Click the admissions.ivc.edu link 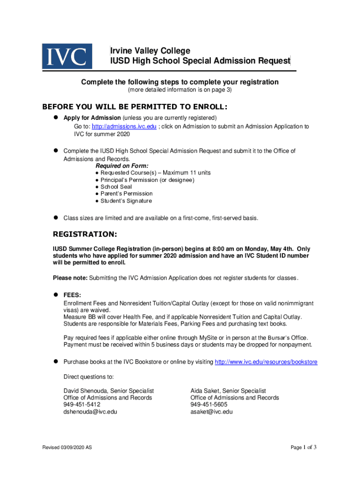click(124, 127)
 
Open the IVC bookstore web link click(266, 362)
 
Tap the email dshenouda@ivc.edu click(90, 412)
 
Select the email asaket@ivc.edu click(211, 412)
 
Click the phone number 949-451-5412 click(82, 405)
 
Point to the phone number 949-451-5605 click(209, 405)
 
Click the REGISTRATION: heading click(85, 233)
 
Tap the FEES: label click(72, 295)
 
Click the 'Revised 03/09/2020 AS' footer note click(67, 448)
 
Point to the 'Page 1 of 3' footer click(303, 448)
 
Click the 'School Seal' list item click(116, 187)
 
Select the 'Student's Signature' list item click(126, 201)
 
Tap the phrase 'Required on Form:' click(122, 166)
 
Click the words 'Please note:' click(70, 278)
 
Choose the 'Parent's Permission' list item click(126, 194)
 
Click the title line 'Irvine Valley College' click(150, 51)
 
